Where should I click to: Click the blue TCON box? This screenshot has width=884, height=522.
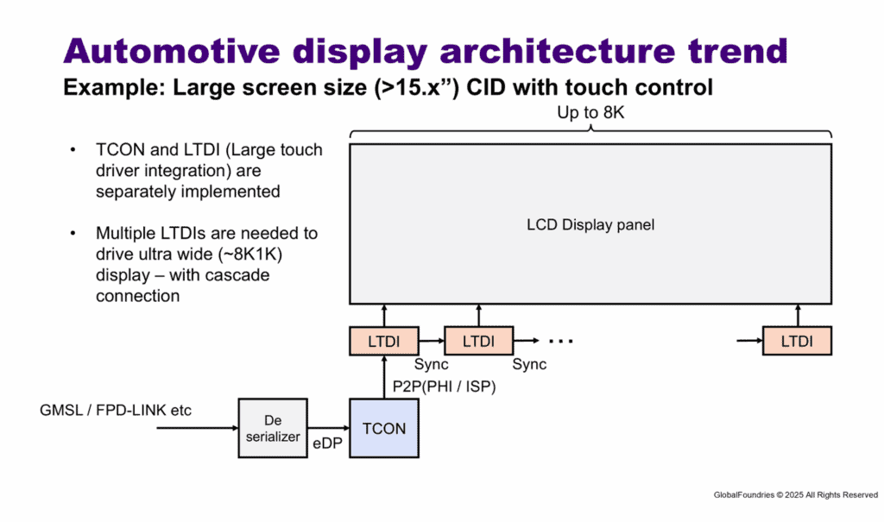click(384, 429)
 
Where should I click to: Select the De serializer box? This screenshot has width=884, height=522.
click(273, 429)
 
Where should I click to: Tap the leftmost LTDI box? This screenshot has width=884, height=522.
click(384, 341)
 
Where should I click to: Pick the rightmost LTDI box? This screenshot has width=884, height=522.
click(797, 341)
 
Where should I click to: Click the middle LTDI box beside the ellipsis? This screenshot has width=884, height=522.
click(478, 341)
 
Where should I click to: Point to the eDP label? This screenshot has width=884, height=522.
click(327, 443)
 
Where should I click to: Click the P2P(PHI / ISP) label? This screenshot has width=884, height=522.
click(445, 387)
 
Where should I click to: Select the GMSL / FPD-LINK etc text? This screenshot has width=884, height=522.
click(116, 410)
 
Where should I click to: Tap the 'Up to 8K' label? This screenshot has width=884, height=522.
click(590, 113)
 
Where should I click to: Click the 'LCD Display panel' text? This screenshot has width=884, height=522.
click(590, 224)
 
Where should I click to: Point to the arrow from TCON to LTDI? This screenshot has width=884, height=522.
click(384, 377)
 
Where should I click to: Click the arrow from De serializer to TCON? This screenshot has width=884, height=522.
click(329, 428)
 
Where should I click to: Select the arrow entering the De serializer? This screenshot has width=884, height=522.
click(198, 428)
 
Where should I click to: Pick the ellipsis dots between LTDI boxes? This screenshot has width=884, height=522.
click(561, 341)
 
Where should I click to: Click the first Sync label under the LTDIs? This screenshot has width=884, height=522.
click(432, 364)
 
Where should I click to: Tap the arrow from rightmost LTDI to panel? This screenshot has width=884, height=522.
click(798, 315)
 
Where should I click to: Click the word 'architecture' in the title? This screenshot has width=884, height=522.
click(557, 51)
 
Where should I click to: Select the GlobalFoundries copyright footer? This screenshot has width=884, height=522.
click(795, 495)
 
